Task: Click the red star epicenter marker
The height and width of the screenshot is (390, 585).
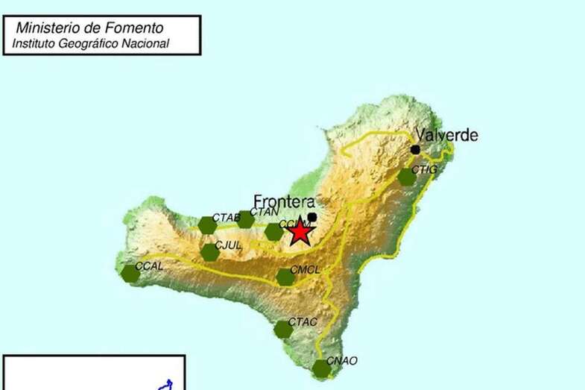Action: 300,231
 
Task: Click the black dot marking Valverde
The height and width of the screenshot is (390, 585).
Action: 415,149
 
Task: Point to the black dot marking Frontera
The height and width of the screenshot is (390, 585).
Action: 312,217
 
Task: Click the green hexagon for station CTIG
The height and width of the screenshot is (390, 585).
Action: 406,177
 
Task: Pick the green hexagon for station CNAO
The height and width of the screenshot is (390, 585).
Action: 321,368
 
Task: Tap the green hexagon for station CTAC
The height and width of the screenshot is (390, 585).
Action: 283,329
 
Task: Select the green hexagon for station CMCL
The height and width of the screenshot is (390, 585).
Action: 285,277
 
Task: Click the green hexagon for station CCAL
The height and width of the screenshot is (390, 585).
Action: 130,274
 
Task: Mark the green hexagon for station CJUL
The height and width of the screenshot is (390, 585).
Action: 210,252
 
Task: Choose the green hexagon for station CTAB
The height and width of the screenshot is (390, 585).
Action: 208,224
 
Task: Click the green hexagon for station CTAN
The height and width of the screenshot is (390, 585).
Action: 245,219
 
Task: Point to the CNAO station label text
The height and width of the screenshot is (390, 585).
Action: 342,361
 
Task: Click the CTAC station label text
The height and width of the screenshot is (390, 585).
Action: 303,321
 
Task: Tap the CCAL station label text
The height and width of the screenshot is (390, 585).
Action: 149,265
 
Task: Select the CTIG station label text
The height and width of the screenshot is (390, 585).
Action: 424,170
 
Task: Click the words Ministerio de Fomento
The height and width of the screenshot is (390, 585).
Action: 89,28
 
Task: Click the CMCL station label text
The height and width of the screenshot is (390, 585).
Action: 305,269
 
